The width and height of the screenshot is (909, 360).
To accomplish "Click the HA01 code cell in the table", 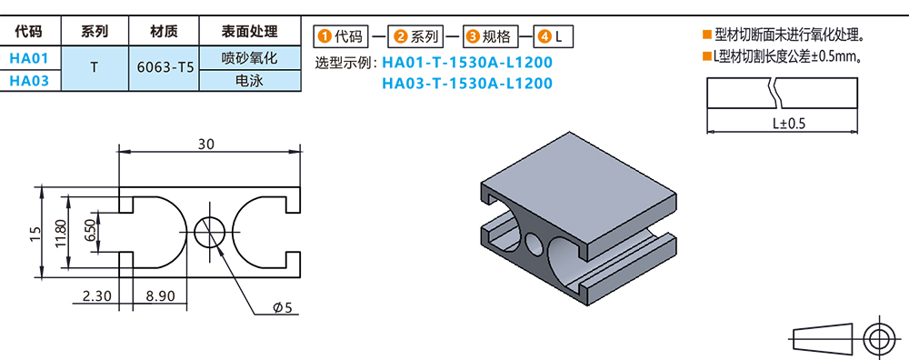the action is click(28, 58).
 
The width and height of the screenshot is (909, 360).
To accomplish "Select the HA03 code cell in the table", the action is click(28, 81).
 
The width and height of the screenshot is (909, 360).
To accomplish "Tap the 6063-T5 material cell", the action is click(165, 69).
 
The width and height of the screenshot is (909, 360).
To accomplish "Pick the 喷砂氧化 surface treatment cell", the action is click(250, 58).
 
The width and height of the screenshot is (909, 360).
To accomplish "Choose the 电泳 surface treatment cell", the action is click(250, 81).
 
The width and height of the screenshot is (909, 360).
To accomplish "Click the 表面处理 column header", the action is click(250, 31).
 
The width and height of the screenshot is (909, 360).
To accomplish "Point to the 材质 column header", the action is click(164, 31).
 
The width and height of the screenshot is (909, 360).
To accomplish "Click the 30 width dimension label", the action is click(205, 144).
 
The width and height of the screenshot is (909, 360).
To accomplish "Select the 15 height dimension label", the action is click(35, 232).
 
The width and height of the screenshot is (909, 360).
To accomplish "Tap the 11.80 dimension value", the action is click(62, 234).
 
